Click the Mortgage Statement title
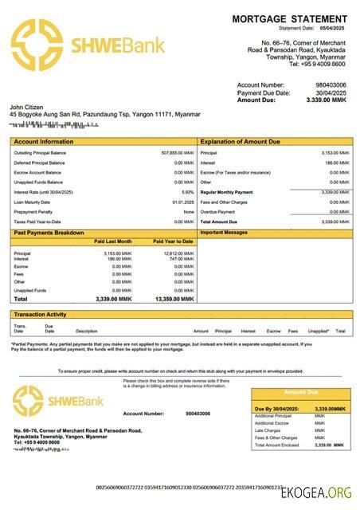(x=289, y=18)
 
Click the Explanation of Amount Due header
(x=240, y=141)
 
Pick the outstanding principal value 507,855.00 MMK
(x=177, y=152)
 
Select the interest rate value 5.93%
(x=188, y=192)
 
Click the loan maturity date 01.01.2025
(x=183, y=202)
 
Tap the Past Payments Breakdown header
(x=49, y=233)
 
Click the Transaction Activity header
(x=41, y=315)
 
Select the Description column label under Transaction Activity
(x=86, y=331)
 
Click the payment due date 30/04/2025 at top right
(x=331, y=92)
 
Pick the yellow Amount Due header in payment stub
(x=301, y=392)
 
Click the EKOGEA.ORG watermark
(x=317, y=493)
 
